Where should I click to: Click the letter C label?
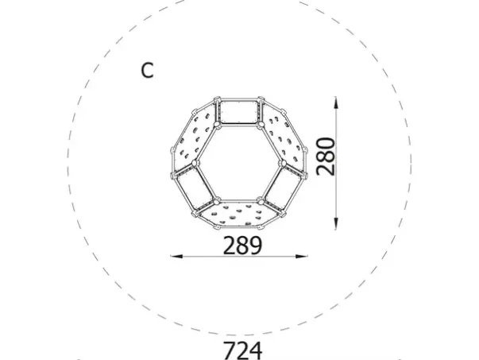tap(147, 71)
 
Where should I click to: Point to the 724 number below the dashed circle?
tap(241, 350)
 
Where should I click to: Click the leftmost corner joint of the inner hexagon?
tap(193, 163)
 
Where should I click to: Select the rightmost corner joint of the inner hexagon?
tap(284, 163)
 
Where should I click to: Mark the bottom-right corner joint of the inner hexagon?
tap(261, 199)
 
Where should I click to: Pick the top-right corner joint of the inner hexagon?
tap(261, 125)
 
